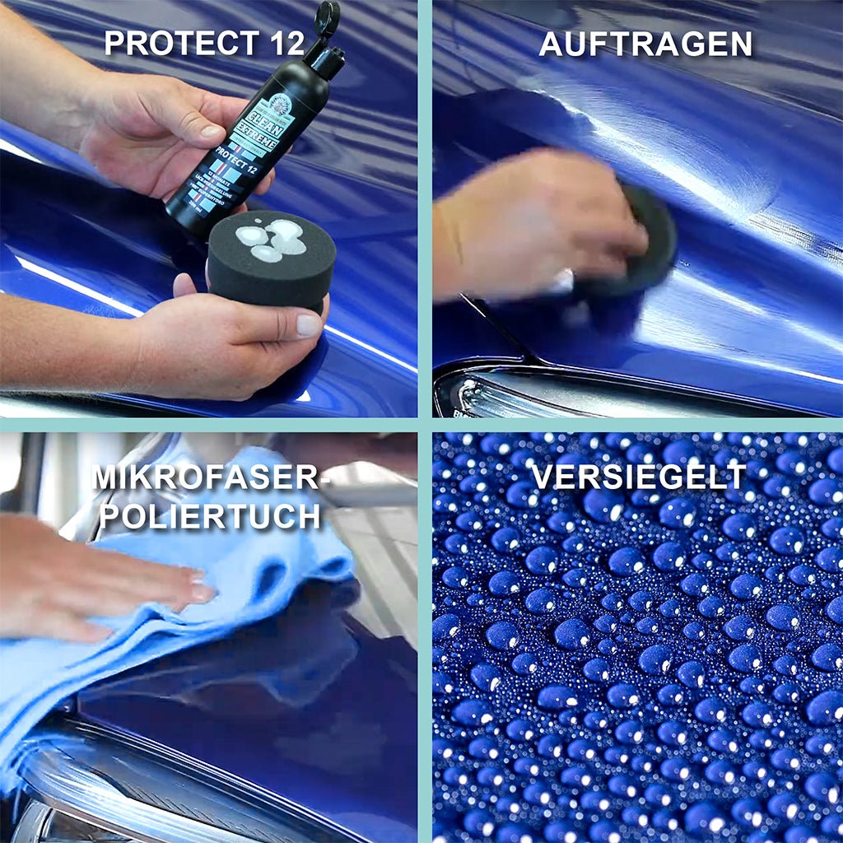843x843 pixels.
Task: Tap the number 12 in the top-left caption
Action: click(284, 42)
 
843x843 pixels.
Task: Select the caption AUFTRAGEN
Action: click(645, 44)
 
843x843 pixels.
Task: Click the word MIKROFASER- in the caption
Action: click(206, 477)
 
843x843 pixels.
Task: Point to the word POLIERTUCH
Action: click(209, 517)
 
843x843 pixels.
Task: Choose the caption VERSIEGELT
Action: click(638, 477)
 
